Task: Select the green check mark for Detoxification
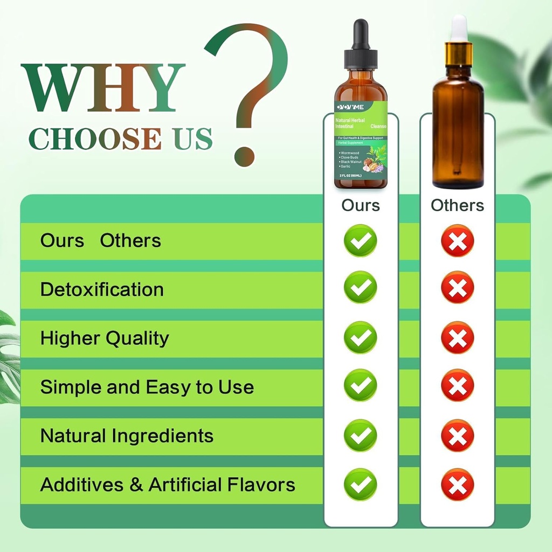(x=360, y=287)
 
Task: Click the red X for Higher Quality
(x=457, y=337)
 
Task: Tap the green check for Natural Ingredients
(x=360, y=435)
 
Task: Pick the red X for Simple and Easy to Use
(x=457, y=385)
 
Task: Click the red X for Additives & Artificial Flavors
(x=457, y=484)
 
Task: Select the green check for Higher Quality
(x=360, y=337)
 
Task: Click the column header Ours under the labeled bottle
(x=360, y=205)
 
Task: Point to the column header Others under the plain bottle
(x=457, y=205)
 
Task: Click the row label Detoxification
(x=102, y=289)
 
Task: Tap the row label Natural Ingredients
(x=127, y=436)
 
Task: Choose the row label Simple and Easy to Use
(x=147, y=387)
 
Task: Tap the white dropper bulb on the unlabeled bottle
(x=459, y=27)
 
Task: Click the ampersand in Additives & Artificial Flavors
(x=136, y=485)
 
